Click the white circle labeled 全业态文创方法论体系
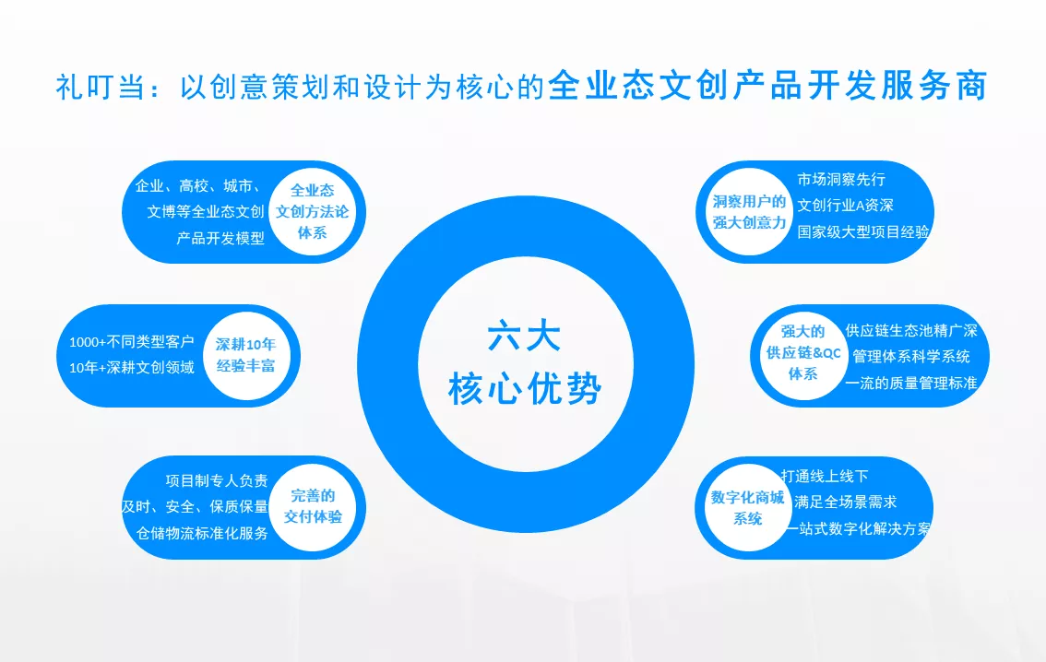pos(312,211)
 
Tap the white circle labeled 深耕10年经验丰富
pos(246,355)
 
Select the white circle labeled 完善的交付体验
pos(312,507)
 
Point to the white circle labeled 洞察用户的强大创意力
pos(749,211)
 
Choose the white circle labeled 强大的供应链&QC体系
pos(803,355)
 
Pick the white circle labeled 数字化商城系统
pos(748,507)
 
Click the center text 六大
pos(524,336)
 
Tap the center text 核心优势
pos(525,388)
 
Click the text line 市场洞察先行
pos(841,180)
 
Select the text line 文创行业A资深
pos(845,206)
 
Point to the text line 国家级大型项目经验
pos(863,232)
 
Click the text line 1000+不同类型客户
pos(131,342)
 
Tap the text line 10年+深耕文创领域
pos(131,367)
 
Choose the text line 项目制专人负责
pos(217,480)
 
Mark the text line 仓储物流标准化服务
pos(202,533)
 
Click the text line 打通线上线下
pos(825,476)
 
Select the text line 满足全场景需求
pos(845,502)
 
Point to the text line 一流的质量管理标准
pos(910,383)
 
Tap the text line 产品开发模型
pos(220,238)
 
